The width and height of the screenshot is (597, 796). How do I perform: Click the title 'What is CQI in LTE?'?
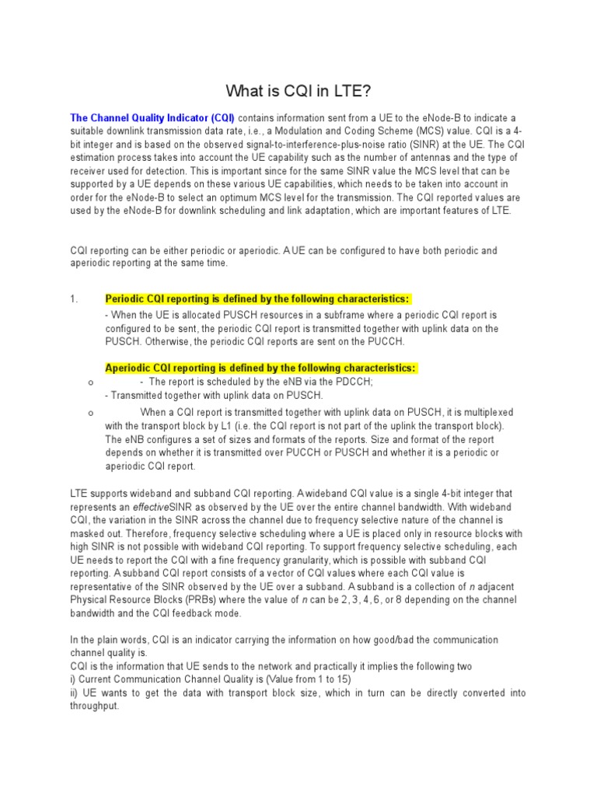pos(298,91)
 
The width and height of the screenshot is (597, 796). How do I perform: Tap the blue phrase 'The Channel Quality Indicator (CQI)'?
pos(152,117)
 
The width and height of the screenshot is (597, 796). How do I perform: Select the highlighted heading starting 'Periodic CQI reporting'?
pos(257,299)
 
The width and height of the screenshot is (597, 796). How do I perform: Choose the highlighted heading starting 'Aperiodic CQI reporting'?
pos(260,368)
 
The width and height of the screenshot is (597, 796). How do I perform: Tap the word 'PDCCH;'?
pos(355,382)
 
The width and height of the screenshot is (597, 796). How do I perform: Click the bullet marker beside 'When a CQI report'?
pos(91,412)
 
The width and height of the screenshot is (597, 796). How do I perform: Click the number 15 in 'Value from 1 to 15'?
pos(344,679)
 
